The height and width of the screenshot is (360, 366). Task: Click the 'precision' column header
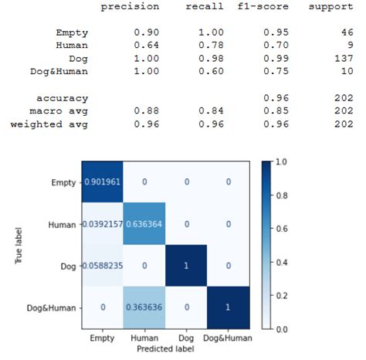[130, 7]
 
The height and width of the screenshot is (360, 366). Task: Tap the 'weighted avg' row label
[49, 125]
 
